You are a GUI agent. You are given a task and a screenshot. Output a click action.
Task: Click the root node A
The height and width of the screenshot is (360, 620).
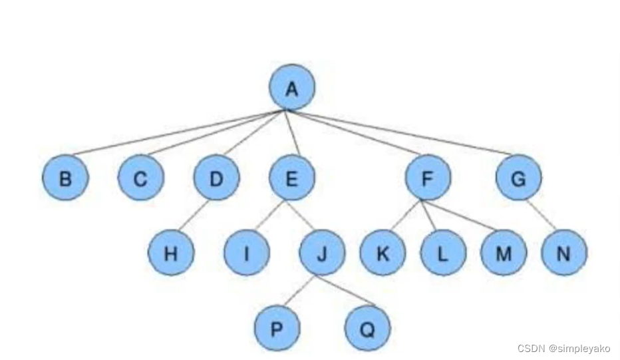coord(291,88)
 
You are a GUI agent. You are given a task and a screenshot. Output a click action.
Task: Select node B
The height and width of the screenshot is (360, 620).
coord(65,178)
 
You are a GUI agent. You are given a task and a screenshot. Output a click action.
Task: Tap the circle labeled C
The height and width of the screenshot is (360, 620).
coord(140,178)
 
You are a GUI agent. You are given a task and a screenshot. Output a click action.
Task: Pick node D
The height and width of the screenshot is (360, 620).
coord(216,178)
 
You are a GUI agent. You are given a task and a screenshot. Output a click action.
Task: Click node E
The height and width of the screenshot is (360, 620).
coord(291,178)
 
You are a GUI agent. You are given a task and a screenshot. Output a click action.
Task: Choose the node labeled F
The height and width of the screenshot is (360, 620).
coord(428,178)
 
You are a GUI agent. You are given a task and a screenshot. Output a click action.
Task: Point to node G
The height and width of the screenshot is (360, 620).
coord(519,178)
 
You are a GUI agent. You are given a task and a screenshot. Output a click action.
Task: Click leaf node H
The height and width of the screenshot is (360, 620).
coord(170,253)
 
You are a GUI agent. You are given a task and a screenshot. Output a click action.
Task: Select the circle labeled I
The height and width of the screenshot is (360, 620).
coord(246,253)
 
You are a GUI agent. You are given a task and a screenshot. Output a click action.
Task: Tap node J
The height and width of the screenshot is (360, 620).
coord(322,253)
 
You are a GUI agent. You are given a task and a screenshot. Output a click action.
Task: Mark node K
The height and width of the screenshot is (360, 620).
coord(383,253)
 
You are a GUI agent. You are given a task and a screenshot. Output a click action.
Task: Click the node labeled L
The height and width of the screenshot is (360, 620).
coord(442,253)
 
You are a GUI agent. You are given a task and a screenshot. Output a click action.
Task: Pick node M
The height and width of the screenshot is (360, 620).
coord(504,253)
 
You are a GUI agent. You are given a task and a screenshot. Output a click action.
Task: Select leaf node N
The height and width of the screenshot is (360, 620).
coord(564,253)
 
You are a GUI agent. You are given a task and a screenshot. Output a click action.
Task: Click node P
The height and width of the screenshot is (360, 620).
coord(277,328)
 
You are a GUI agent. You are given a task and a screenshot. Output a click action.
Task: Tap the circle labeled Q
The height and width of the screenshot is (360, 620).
coord(367,328)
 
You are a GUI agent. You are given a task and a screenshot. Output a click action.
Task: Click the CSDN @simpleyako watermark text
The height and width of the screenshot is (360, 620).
coord(563,348)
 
